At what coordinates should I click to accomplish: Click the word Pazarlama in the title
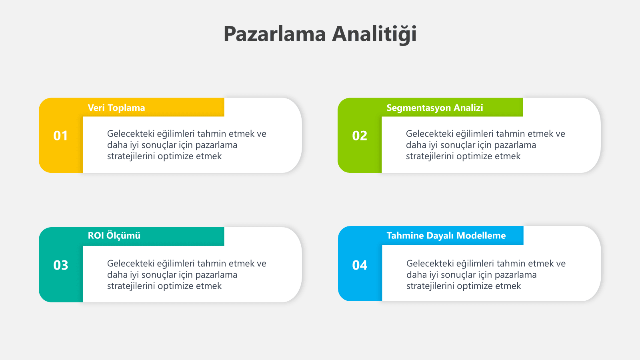tap(274, 34)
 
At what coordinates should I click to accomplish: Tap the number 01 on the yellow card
tap(60, 136)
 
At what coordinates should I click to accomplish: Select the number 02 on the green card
tap(360, 136)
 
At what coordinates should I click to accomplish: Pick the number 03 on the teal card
tap(60, 265)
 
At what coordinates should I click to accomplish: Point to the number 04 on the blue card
tap(360, 265)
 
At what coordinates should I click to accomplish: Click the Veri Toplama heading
tap(116, 108)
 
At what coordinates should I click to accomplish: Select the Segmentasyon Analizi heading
tap(434, 108)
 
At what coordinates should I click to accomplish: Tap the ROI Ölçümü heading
tap(114, 236)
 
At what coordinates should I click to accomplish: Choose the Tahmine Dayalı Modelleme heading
tap(446, 236)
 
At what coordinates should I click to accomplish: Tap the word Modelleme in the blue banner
tap(481, 236)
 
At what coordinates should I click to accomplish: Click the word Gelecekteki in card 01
tap(130, 134)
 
